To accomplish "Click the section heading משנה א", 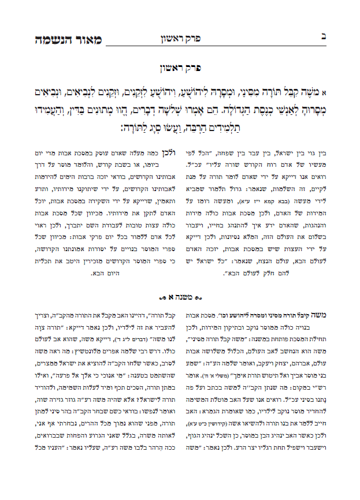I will [180, 297].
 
